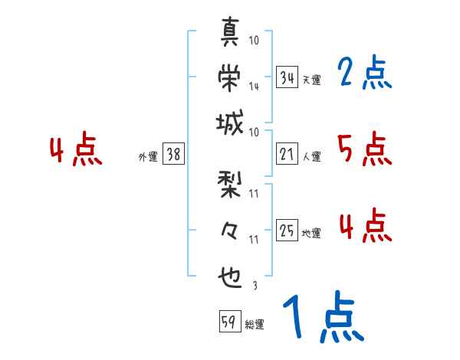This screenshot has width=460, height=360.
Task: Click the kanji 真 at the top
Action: [230, 33]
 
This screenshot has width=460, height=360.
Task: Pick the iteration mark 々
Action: [230, 231]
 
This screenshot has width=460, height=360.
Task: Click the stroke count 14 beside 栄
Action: [254, 86]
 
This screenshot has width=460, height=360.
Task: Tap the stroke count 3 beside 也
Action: [254, 286]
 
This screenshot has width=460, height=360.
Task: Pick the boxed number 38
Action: [173, 155]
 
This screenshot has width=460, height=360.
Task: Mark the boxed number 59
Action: [228, 321]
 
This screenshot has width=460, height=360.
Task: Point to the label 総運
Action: [255, 325]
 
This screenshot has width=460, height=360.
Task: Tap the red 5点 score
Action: [364, 150]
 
